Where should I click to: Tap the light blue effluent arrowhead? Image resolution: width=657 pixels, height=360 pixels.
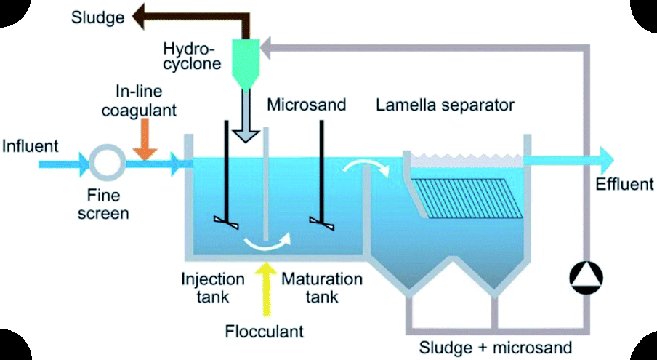605,157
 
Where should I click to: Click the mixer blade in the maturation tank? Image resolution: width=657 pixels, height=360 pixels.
321,223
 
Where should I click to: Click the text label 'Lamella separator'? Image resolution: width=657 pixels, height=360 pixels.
445,105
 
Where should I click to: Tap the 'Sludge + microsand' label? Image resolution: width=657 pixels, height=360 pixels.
496,346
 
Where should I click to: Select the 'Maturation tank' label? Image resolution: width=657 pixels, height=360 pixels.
321,287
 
